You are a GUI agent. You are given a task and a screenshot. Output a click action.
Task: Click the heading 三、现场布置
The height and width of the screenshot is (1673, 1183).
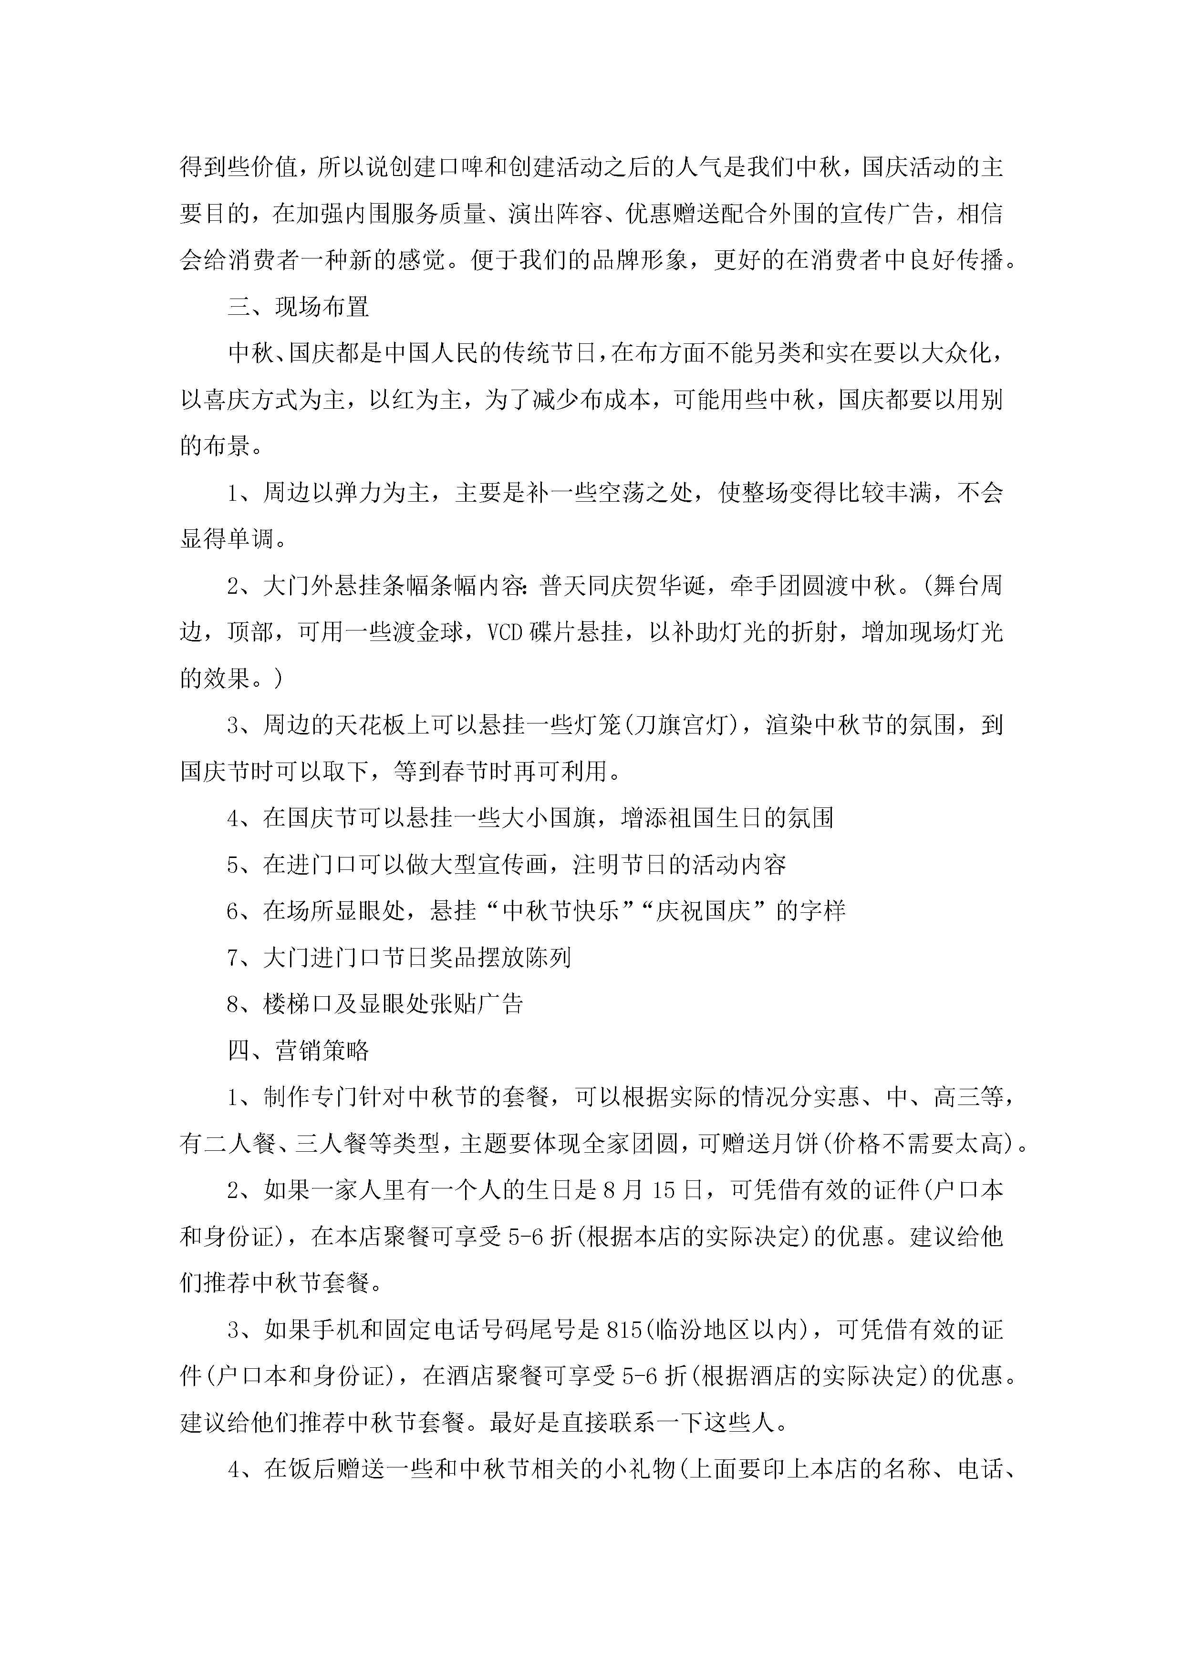point(298,307)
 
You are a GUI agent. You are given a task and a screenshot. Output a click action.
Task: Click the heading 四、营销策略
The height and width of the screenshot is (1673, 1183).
point(298,1050)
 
